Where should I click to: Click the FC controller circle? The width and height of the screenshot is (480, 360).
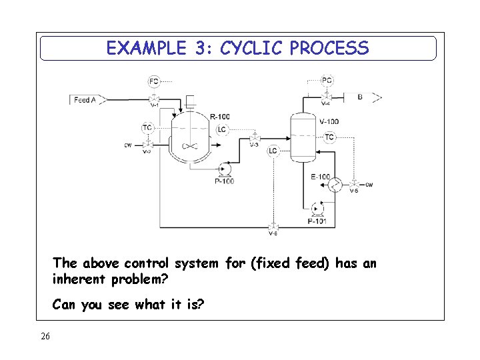click(x=154, y=81)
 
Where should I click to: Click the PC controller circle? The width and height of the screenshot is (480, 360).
click(x=327, y=81)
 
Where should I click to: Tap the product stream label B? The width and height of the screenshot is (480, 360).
click(x=360, y=97)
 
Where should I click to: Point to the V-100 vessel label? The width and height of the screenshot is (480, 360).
click(x=329, y=122)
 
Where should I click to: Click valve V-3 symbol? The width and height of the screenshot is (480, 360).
click(x=254, y=137)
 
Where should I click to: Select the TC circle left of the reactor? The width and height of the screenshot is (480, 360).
click(x=147, y=127)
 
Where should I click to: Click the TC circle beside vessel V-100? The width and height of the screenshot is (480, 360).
click(x=329, y=137)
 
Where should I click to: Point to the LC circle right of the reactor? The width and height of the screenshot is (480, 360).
click(x=222, y=129)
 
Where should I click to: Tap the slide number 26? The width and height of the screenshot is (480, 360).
click(x=45, y=336)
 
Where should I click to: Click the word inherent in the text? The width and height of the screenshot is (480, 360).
click(x=79, y=279)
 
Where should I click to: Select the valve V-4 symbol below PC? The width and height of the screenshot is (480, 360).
click(x=326, y=97)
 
